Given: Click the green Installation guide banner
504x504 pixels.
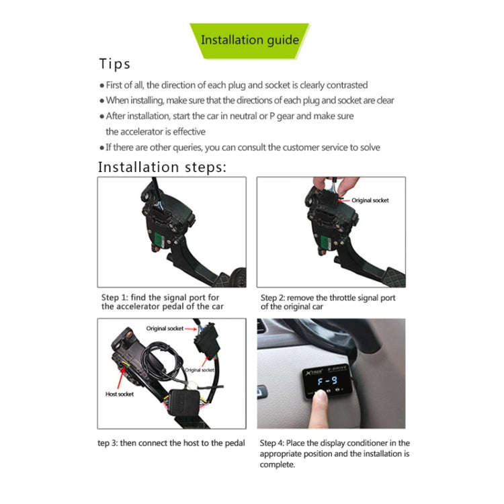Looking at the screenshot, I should pyautogui.click(x=249, y=40).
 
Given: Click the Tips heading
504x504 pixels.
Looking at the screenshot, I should pyautogui.click(x=114, y=65).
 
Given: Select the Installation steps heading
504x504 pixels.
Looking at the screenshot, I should pyautogui.click(x=163, y=167).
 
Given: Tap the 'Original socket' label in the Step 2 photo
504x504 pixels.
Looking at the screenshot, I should pyautogui.click(x=370, y=200).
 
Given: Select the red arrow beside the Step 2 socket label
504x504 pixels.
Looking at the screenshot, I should pyautogui.click(x=345, y=200).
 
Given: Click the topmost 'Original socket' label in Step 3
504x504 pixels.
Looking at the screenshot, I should pyautogui.click(x=165, y=328).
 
